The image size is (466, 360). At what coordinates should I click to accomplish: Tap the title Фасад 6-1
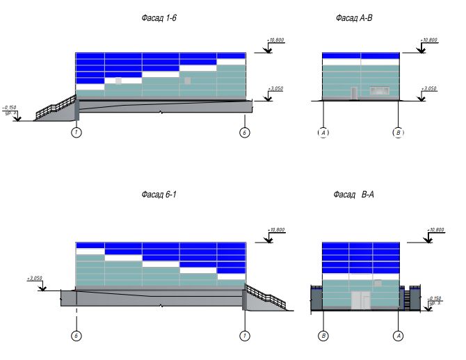(x=160, y=195)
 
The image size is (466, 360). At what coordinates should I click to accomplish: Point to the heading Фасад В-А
(x=354, y=195)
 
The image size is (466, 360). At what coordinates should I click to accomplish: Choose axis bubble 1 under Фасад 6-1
(x=245, y=336)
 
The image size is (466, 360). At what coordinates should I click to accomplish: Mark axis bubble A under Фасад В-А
(x=399, y=336)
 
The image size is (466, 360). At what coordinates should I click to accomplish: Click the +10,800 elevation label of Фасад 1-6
(x=276, y=41)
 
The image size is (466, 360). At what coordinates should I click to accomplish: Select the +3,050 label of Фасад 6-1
(x=35, y=278)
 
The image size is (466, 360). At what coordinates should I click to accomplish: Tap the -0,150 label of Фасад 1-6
(x=10, y=108)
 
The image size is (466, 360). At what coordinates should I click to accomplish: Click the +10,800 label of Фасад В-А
(x=435, y=229)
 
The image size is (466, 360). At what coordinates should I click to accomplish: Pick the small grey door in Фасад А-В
(x=354, y=93)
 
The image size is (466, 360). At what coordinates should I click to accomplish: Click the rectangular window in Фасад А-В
(x=379, y=91)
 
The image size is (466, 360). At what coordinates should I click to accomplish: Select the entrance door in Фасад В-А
(x=360, y=300)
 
